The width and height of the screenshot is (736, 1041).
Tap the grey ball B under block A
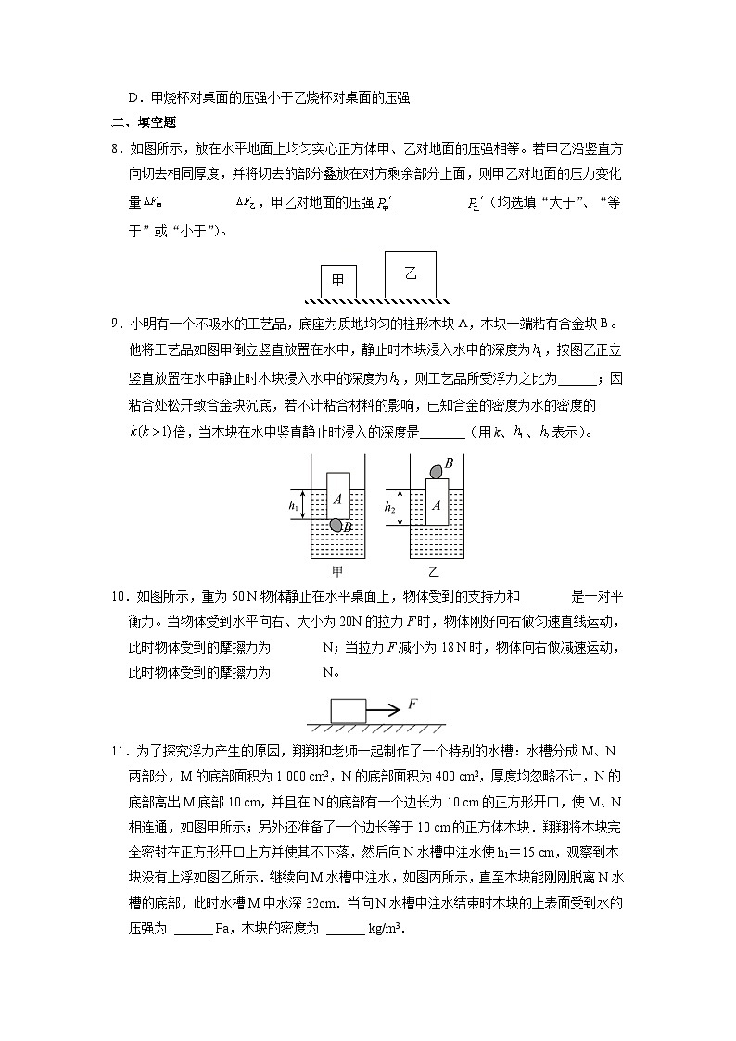(x=336, y=526)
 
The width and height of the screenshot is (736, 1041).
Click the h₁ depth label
(x=294, y=506)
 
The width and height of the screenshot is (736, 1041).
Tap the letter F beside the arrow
(x=412, y=705)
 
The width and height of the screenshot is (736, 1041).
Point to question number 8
(x=116, y=148)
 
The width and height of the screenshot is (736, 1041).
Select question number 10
(x=119, y=596)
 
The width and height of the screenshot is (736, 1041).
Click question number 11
(x=119, y=755)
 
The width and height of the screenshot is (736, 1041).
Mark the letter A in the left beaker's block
(x=337, y=500)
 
